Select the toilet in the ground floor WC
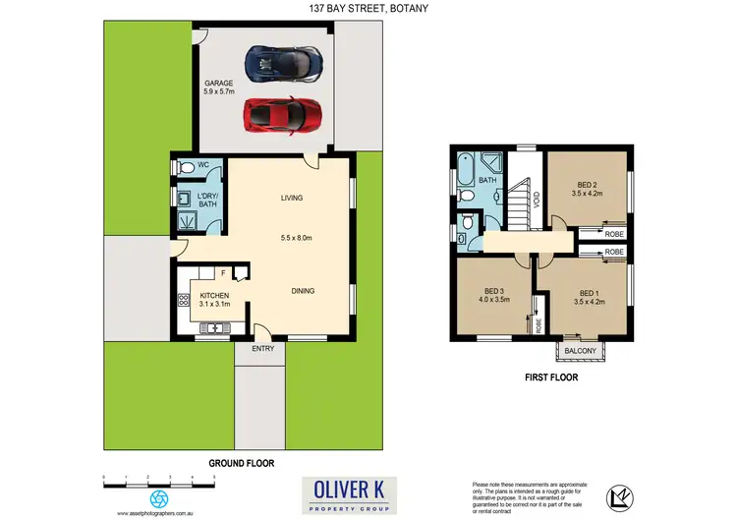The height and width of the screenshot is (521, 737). pos(186,168)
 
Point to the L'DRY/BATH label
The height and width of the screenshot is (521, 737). pos(208,200)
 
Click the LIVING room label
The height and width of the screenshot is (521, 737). pos(292,199)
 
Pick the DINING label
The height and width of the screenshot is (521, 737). pos(303,290)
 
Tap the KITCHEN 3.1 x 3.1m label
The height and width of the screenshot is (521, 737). pos(214,300)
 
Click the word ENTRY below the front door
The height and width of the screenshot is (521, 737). pos(262,349)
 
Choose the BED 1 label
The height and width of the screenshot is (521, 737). pos(588,298)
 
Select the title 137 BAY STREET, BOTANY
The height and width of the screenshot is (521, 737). pos(368,9)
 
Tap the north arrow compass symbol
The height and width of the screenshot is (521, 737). pos(615,496)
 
